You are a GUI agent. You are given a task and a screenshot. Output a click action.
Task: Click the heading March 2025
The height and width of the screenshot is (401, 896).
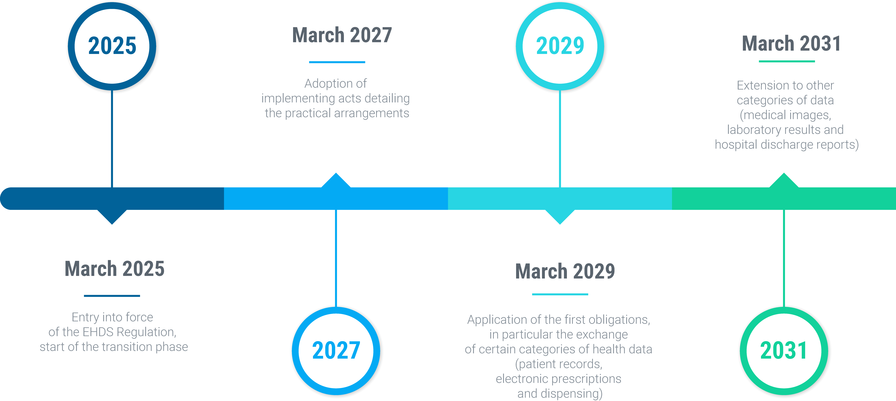point(114,269)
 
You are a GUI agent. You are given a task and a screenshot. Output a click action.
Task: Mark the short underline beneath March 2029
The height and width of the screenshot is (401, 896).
point(560,294)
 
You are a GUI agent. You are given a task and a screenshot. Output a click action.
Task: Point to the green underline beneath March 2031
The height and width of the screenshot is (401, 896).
point(787,61)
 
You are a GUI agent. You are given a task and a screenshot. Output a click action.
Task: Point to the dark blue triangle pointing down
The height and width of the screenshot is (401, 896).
point(112,217)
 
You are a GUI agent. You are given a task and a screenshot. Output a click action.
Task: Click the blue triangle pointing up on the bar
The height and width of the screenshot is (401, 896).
point(336,180)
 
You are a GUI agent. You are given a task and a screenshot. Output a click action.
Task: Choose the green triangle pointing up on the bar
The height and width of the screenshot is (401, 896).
point(784,180)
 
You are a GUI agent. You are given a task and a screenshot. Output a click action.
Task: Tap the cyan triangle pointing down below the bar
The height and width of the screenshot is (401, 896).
point(560,217)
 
